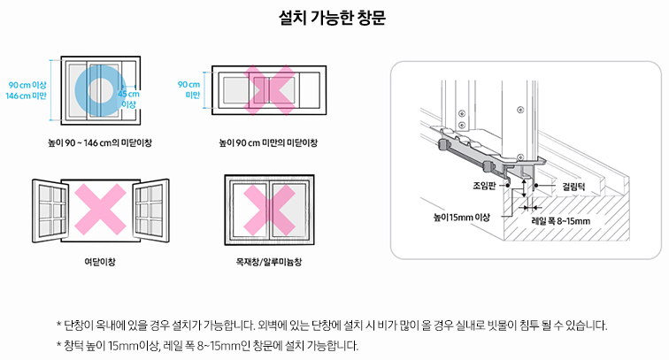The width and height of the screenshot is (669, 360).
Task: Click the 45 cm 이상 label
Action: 128,98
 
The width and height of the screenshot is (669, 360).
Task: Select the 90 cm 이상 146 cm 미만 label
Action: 26,89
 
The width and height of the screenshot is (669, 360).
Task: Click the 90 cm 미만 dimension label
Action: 188,89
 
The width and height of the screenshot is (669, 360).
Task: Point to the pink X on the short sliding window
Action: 270,90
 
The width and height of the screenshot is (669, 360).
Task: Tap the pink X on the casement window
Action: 100,210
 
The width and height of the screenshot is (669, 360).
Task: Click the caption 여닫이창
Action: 99,263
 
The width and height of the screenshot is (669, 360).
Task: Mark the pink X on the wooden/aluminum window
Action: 269,210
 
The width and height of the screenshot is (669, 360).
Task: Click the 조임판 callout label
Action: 484,187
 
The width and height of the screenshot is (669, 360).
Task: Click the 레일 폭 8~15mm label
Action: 559,220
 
